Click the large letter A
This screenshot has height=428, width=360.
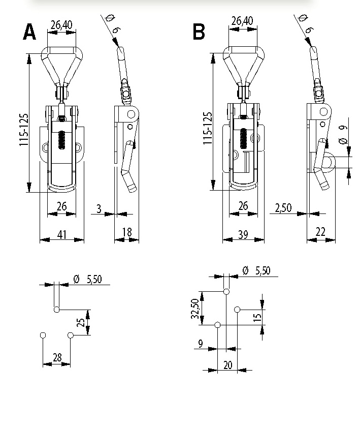[x=29, y=32]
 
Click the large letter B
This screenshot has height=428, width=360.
[x=199, y=32]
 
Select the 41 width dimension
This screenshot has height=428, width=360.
[x=62, y=234]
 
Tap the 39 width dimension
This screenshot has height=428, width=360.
[x=243, y=234]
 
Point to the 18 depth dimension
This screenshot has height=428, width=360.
[x=127, y=232]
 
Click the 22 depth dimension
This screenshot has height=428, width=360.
[x=321, y=232]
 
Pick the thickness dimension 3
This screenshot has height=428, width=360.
[x=99, y=209]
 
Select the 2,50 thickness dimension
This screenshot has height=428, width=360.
[x=283, y=208]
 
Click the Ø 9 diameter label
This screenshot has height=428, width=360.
[x=343, y=134]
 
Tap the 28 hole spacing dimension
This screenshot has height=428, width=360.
[x=57, y=357]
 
